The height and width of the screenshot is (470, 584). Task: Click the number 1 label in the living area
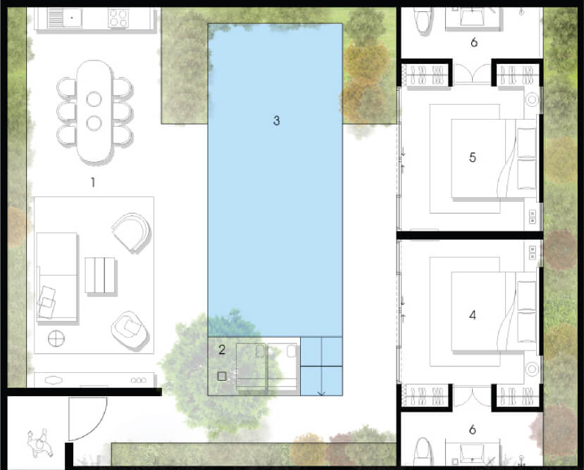(x=93, y=182)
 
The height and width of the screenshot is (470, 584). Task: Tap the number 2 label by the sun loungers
(x=222, y=350)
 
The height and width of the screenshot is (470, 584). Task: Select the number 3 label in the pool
(x=276, y=120)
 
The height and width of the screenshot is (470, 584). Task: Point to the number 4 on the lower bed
(x=472, y=315)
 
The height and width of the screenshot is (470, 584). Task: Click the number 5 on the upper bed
(x=472, y=158)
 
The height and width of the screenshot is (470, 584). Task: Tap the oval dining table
(x=94, y=111)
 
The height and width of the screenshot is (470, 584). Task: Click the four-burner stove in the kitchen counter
(x=118, y=18)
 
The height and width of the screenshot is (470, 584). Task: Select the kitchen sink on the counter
(x=73, y=18)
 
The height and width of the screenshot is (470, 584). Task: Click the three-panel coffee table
(x=100, y=275)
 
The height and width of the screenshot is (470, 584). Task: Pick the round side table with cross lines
(x=56, y=338)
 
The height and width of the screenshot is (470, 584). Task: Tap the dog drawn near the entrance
(x=39, y=443)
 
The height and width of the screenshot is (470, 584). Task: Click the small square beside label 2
(x=222, y=376)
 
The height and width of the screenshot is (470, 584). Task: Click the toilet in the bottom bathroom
(x=424, y=452)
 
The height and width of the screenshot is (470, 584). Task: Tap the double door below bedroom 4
(x=472, y=398)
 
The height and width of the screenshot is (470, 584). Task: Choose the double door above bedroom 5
(x=472, y=73)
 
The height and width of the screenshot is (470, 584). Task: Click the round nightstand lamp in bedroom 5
(x=533, y=99)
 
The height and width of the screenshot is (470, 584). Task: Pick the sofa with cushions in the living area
(x=57, y=277)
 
